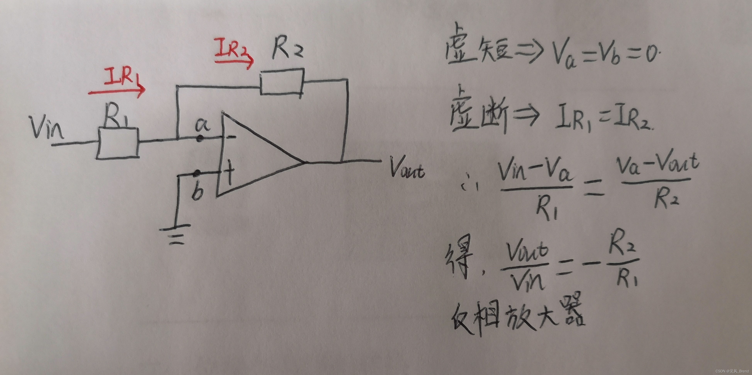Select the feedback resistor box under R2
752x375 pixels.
[282, 82]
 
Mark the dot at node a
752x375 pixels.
[199, 139]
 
